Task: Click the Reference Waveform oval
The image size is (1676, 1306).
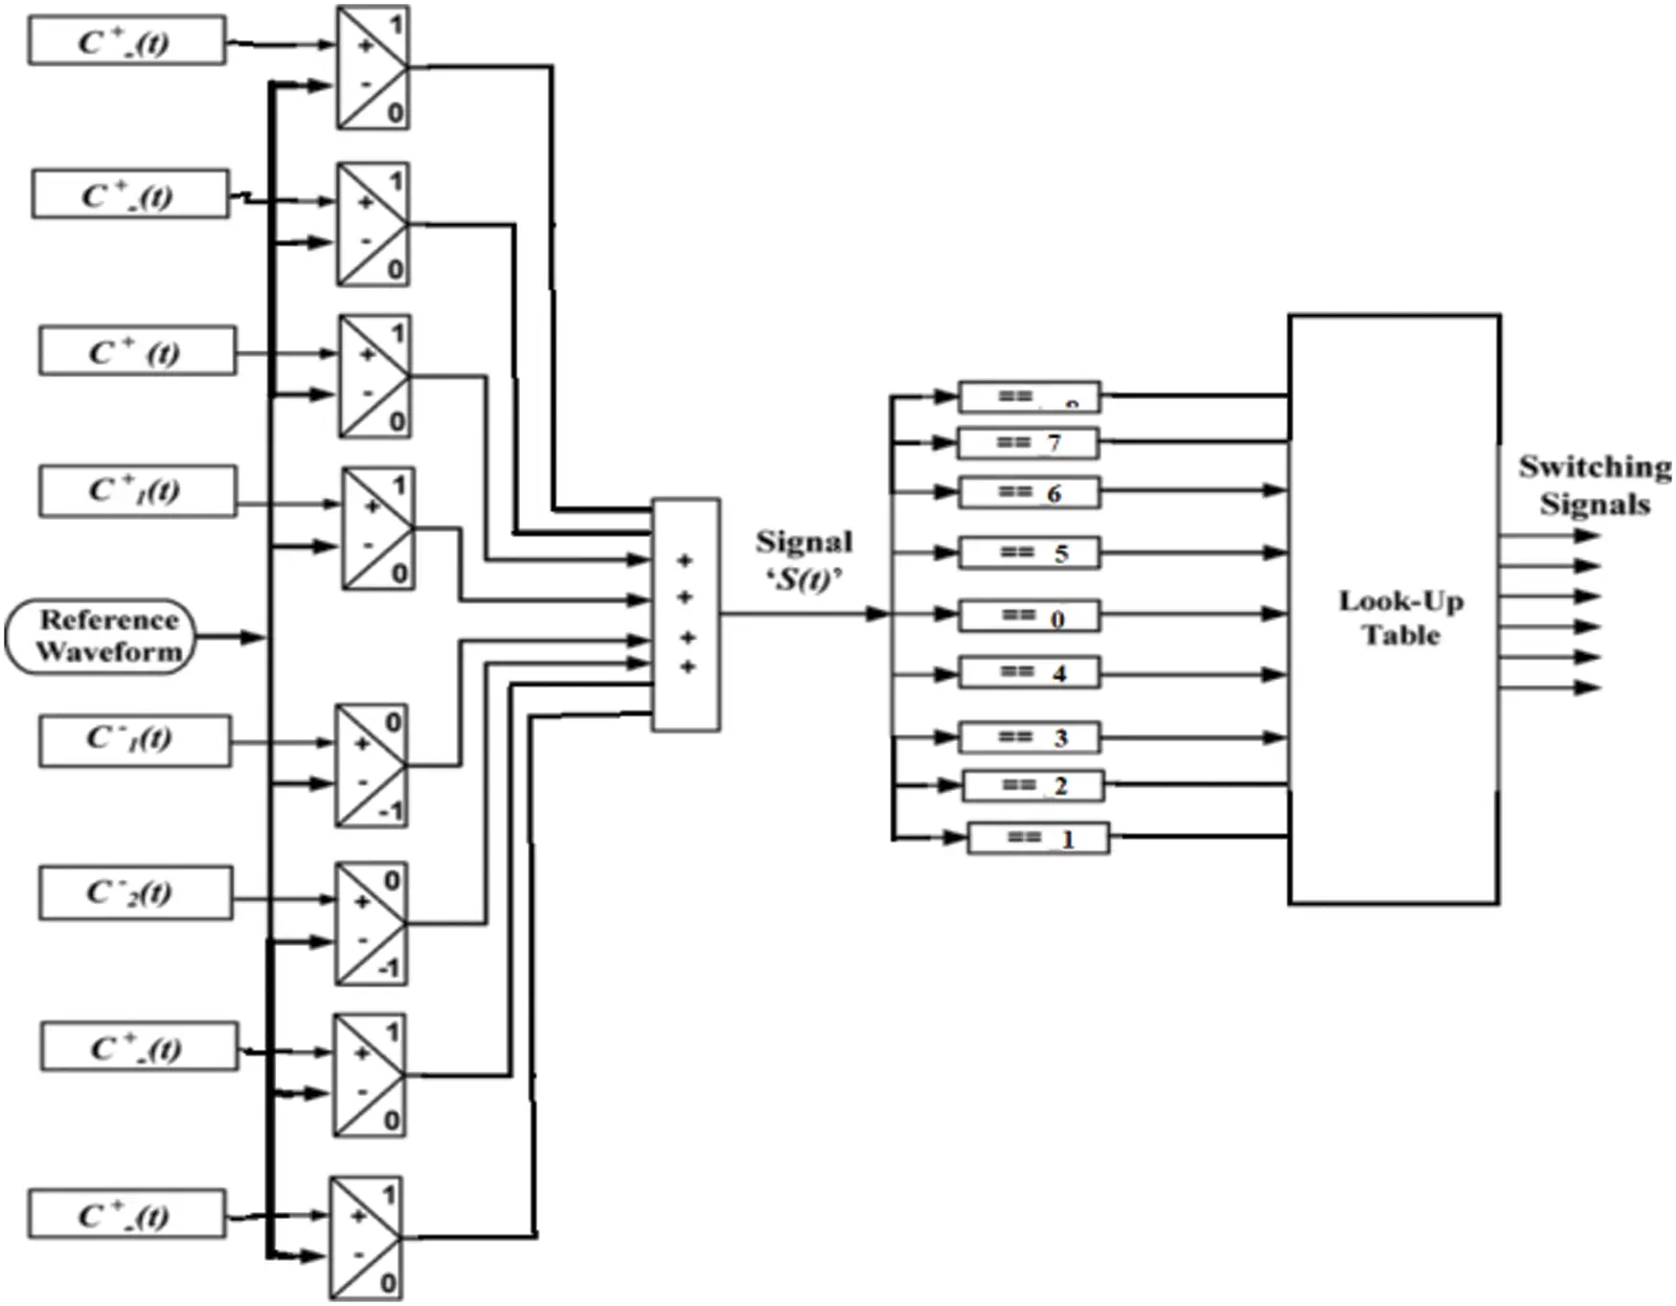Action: point(101,637)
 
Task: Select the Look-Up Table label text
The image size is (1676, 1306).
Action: point(1400,618)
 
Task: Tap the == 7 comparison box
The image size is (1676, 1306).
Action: point(1029,443)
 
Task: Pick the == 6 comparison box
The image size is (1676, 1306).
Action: point(1029,492)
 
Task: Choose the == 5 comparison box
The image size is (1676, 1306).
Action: point(1029,552)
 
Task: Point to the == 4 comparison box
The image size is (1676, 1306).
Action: point(1029,673)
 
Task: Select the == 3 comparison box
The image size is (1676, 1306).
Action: point(1029,737)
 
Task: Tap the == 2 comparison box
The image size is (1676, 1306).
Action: point(1032,786)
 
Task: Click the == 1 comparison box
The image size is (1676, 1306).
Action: point(1038,839)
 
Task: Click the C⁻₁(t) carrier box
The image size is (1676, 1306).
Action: point(134,740)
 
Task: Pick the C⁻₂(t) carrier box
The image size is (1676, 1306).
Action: point(134,893)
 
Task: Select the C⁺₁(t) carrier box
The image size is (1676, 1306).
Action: point(137,491)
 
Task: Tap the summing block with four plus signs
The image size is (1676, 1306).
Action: point(686,615)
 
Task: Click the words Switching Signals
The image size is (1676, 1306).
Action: point(1594,485)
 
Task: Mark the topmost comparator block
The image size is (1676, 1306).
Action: point(373,67)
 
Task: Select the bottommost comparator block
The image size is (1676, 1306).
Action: point(366,1238)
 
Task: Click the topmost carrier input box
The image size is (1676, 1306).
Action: point(126,41)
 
